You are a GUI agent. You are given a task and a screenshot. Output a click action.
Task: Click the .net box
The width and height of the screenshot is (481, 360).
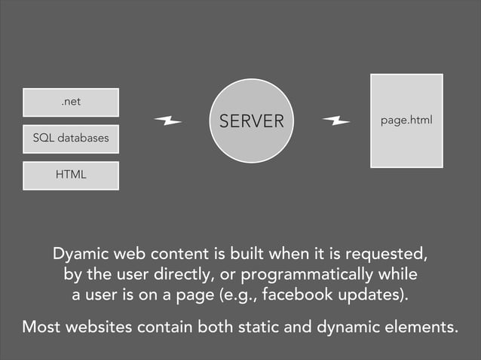[x=71, y=102]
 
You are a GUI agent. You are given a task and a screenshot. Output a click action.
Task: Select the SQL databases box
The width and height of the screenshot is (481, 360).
[x=71, y=139]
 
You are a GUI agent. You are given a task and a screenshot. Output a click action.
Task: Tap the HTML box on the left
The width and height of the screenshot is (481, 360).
[x=71, y=175]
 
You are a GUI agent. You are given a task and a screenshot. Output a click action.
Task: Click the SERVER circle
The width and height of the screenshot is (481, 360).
[x=251, y=121]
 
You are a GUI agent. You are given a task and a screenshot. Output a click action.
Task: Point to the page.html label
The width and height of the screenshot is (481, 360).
[x=406, y=121]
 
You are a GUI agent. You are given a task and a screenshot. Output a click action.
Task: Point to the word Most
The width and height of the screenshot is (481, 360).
[x=44, y=328]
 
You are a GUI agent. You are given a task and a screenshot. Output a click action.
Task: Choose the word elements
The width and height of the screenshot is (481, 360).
[x=421, y=328]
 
